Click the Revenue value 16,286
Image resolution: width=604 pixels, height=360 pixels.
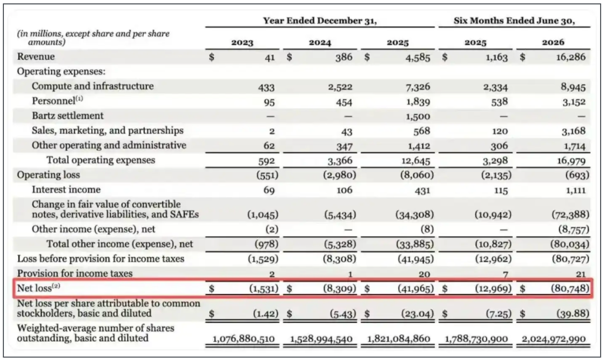pyautogui.click(x=571, y=58)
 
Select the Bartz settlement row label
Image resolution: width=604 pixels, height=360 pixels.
pyautogui.click(x=68, y=116)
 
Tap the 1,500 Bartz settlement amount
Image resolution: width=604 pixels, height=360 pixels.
pyautogui.click(x=418, y=116)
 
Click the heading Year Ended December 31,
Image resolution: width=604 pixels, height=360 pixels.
pyautogui.click(x=320, y=21)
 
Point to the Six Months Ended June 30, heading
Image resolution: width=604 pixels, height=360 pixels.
pyautogui.click(x=515, y=21)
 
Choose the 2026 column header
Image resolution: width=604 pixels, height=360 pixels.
pyautogui.click(x=553, y=42)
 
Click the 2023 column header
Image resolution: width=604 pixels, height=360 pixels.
pyautogui.click(x=242, y=42)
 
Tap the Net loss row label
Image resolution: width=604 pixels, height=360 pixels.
pyautogui.click(x=39, y=288)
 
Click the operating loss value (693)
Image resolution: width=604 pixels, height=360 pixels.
pyautogui.click(x=577, y=175)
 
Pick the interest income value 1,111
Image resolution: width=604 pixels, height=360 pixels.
pyautogui.click(x=575, y=190)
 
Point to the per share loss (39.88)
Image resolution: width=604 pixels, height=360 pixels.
pyautogui.click(x=573, y=314)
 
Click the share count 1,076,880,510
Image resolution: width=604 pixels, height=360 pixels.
pyautogui.click(x=244, y=339)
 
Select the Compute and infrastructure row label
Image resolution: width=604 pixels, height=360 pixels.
pyautogui.click(x=93, y=86)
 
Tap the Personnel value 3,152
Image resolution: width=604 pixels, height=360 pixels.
pyautogui.click(x=574, y=102)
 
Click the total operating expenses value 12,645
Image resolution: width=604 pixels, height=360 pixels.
pyautogui.click(x=416, y=160)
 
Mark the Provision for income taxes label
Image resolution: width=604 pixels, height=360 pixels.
pyautogui.click(x=75, y=273)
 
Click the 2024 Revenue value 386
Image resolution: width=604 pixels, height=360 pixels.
pyautogui.click(x=344, y=58)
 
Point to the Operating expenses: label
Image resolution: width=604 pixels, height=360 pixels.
pyautogui.click(x=62, y=72)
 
